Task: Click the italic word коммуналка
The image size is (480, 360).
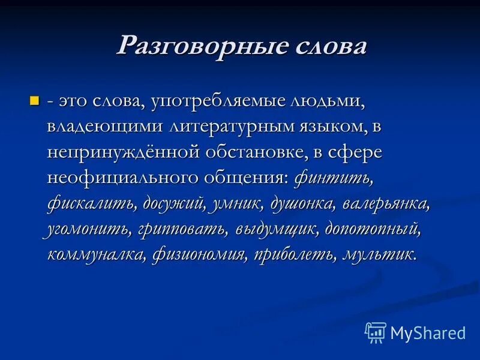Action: click(x=95, y=254)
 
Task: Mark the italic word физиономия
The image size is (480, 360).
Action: click(x=199, y=254)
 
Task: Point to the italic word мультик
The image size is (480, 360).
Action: click(x=378, y=254)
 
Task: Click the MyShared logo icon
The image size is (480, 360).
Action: click(x=375, y=332)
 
